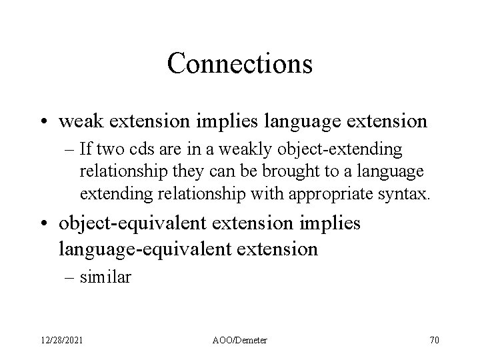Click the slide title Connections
click(x=239, y=64)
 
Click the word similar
click(x=105, y=277)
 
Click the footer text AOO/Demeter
click(x=239, y=340)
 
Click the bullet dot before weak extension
click(x=44, y=122)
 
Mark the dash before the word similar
click(x=69, y=278)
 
